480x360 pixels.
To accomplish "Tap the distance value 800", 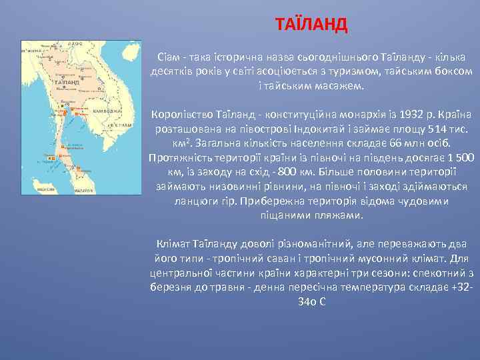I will point(247,172).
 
